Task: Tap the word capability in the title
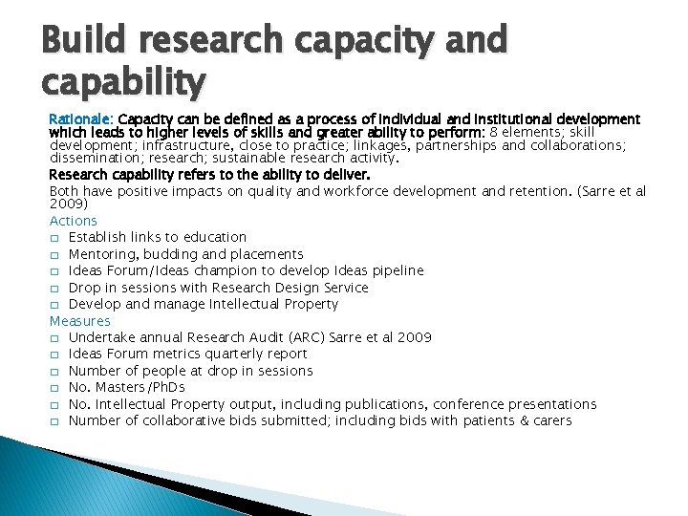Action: pyautogui.click(x=124, y=83)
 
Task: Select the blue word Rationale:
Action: pyautogui.click(x=81, y=119)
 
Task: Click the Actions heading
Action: pyautogui.click(x=74, y=221)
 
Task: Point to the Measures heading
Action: pyautogui.click(x=80, y=321)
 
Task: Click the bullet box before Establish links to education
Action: pyautogui.click(x=55, y=238)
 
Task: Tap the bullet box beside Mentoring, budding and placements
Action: pyautogui.click(x=55, y=255)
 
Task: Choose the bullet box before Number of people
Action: pyautogui.click(x=55, y=372)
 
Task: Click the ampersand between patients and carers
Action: pyautogui.click(x=523, y=420)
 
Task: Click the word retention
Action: pyautogui.click(x=538, y=191)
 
